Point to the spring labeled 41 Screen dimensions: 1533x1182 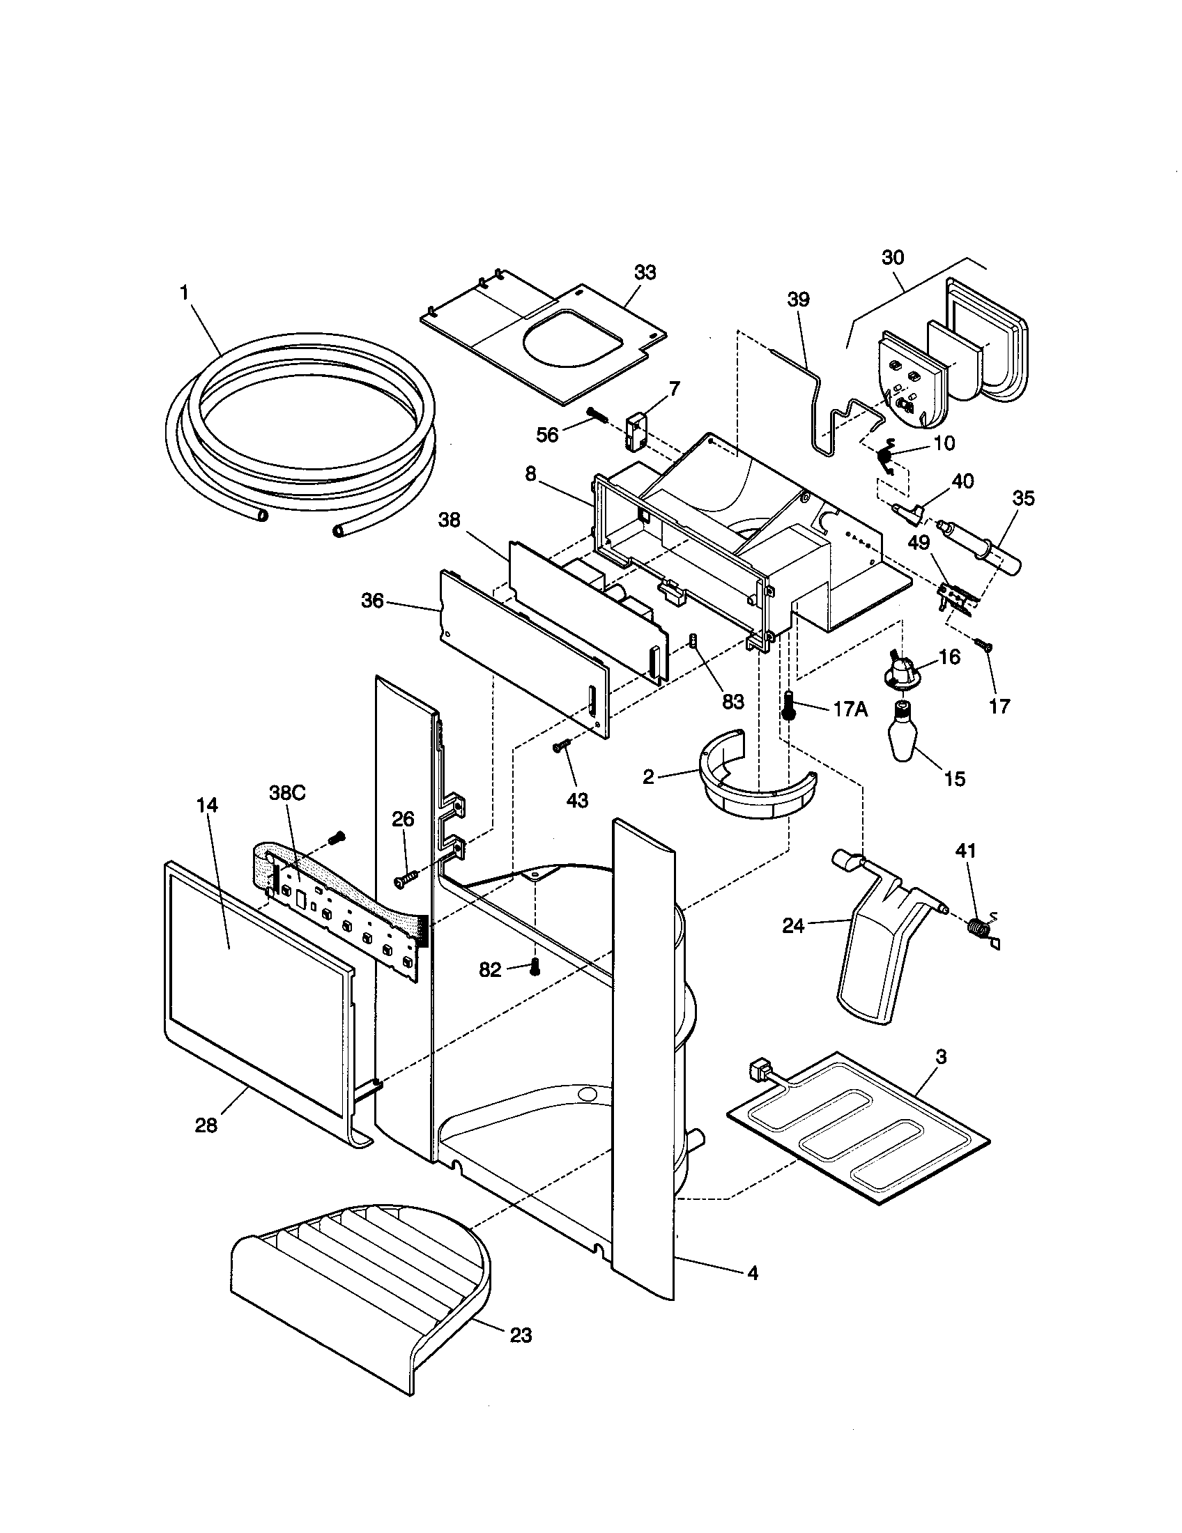[976, 927]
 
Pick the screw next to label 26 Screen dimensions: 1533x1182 [406, 877]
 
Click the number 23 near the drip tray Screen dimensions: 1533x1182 [521, 1336]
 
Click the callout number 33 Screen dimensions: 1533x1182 [645, 273]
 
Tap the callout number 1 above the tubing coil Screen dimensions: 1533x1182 [185, 293]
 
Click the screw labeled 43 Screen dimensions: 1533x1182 [562, 748]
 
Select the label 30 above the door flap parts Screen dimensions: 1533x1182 [893, 257]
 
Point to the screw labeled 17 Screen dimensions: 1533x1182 [985, 645]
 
